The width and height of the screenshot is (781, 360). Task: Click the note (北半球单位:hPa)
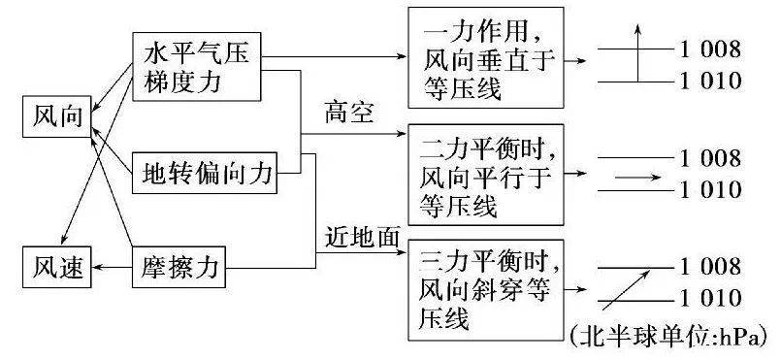pos(670,336)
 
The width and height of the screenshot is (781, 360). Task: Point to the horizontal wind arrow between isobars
pos(637,178)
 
